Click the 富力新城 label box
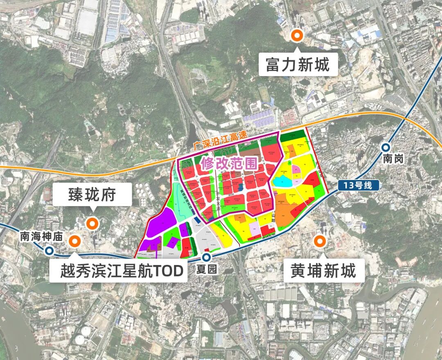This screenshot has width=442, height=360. [x=298, y=65]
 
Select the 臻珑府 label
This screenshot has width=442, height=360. [x=92, y=195]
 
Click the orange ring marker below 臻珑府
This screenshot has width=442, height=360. [x=93, y=223]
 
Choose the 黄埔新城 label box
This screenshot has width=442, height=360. [x=323, y=270]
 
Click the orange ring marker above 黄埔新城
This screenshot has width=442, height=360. [x=319, y=241]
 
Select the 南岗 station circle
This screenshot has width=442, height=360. [x=386, y=148]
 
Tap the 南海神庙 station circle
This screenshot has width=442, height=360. [x=50, y=250]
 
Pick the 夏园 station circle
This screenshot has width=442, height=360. [x=207, y=257]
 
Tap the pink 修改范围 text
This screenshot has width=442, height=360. [x=229, y=164]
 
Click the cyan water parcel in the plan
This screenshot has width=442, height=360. [x=282, y=181]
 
